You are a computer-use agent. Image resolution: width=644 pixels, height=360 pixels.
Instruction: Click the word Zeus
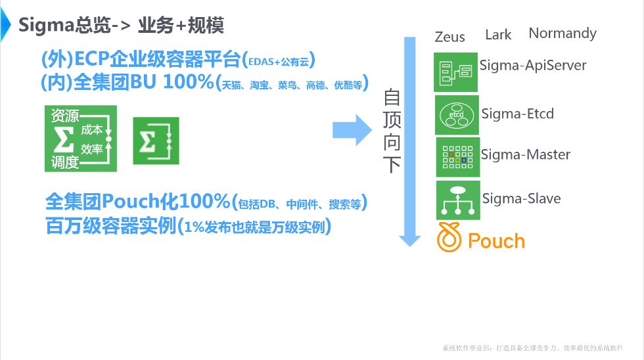pyautogui.click(x=449, y=37)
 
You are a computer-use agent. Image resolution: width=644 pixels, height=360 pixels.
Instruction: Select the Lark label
pyautogui.click(x=497, y=35)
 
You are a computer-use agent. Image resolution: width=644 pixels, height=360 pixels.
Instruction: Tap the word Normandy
pyautogui.click(x=563, y=34)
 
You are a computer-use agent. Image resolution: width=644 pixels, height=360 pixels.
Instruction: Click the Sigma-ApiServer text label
pyautogui.click(x=532, y=65)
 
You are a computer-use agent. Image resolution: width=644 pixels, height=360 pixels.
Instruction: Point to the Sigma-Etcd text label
pyautogui.click(x=517, y=114)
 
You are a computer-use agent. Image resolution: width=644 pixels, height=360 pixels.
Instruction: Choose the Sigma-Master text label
pyautogui.click(x=525, y=155)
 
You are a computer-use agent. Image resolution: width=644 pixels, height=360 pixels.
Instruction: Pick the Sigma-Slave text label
pyautogui.click(x=521, y=198)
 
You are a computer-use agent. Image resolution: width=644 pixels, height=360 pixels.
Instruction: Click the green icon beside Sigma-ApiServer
pyautogui.click(x=455, y=72)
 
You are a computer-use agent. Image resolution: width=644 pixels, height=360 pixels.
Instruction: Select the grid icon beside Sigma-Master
pyautogui.click(x=458, y=156)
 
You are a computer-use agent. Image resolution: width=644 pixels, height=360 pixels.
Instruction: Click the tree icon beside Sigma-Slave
pyautogui.click(x=458, y=200)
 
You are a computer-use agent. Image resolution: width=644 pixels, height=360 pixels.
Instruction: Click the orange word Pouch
pyautogui.click(x=496, y=241)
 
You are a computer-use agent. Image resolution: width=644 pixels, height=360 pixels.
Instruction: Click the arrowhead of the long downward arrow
pyautogui.click(x=410, y=239)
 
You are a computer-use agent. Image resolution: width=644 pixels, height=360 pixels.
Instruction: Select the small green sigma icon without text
pyautogui.click(x=156, y=141)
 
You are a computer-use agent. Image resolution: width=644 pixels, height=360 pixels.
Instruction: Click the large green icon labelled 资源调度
pyautogui.click(x=80, y=139)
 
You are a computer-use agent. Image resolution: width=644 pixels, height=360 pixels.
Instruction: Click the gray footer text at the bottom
pyautogui.click(x=532, y=348)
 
